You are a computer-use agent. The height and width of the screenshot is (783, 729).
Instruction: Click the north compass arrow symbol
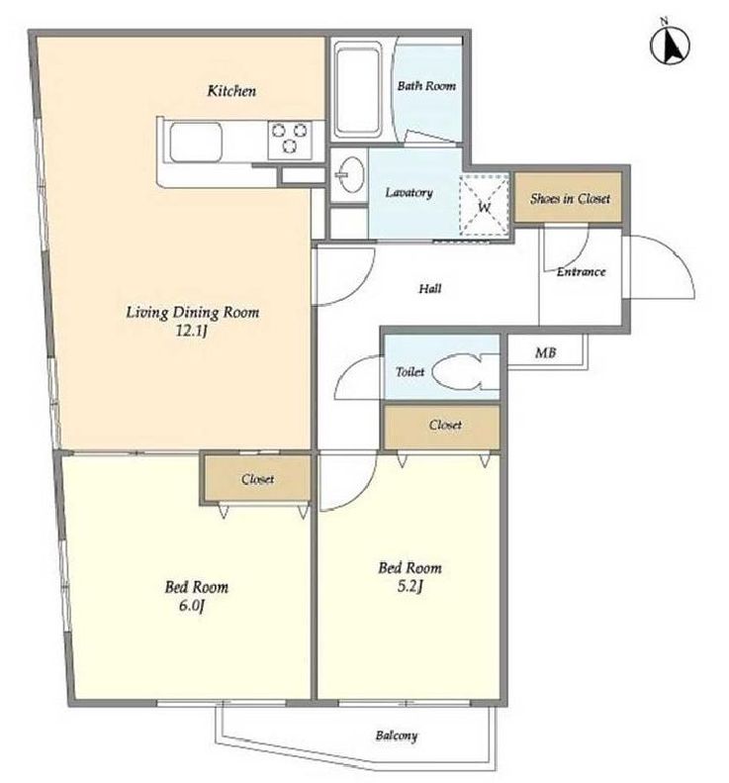click(670, 44)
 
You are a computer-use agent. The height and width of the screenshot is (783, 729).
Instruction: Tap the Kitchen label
click(231, 91)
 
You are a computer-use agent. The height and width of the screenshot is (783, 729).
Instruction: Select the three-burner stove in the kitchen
click(290, 139)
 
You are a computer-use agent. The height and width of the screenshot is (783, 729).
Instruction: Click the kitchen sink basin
click(196, 142)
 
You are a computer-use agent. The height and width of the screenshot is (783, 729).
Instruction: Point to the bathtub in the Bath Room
click(358, 90)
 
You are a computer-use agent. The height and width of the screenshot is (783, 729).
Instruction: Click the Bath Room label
click(426, 86)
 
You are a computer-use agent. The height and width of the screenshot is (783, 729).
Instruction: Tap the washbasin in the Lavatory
click(349, 174)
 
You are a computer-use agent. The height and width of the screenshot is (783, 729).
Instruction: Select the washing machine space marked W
click(485, 205)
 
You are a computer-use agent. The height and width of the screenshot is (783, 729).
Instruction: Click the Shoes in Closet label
click(570, 198)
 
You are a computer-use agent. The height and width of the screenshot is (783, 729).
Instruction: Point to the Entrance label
click(582, 271)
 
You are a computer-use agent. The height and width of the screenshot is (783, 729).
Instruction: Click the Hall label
click(429, 288)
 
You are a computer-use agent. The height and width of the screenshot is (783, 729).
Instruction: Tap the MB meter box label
click(545, 352)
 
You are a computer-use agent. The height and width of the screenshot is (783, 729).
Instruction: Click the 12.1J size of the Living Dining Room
click(192, 331)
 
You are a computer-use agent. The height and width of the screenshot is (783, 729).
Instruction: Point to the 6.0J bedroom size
click(192, 606)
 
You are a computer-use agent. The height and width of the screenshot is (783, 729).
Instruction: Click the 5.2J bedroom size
click(410, 586)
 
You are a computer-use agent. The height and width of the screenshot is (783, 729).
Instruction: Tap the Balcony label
click(397, 735)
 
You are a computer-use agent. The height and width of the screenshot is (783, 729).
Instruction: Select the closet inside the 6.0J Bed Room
click(257, 479)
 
